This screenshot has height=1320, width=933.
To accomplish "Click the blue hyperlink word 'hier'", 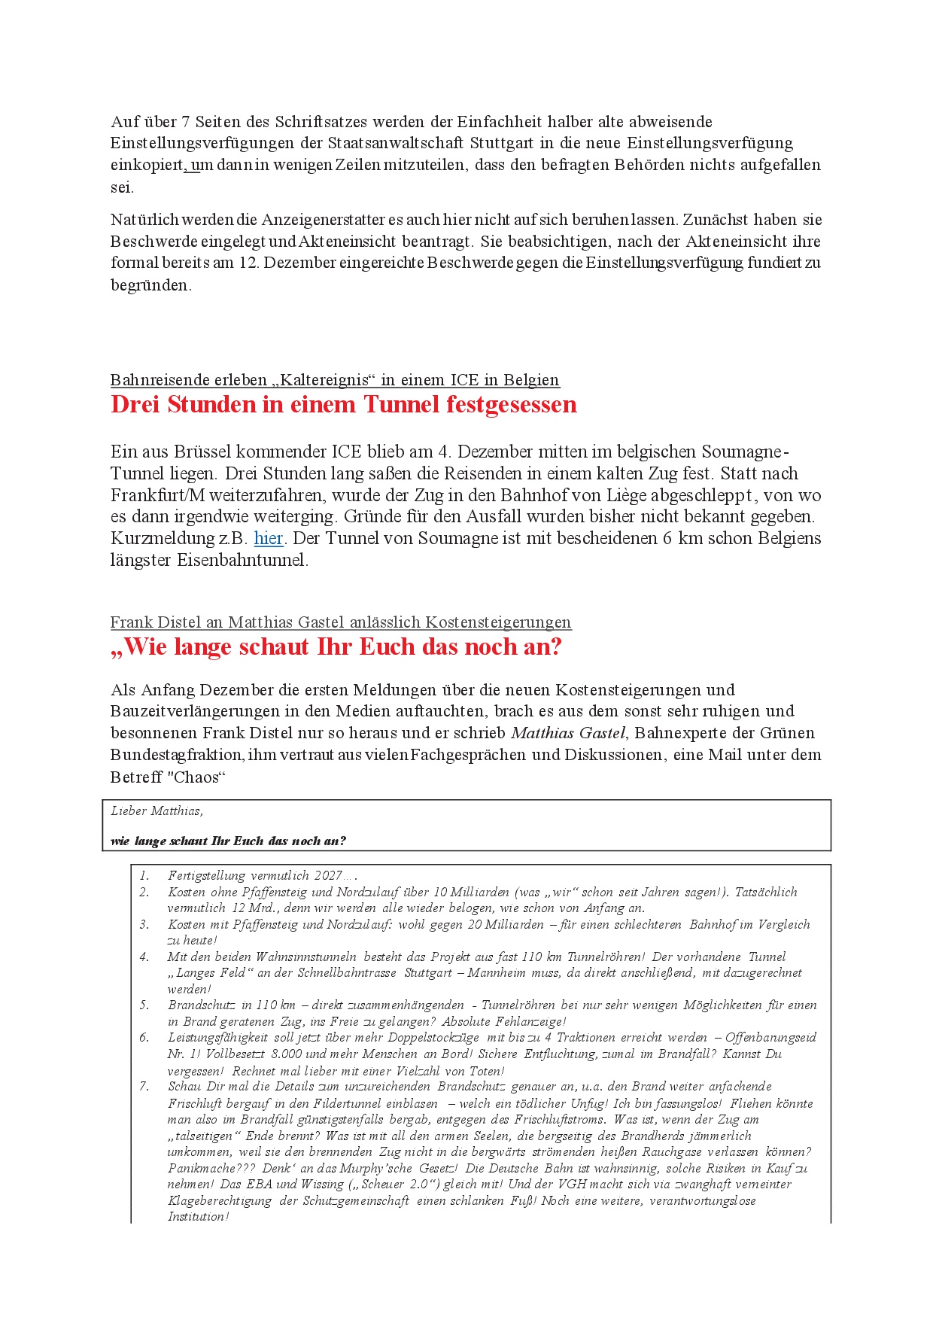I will click(268, 538).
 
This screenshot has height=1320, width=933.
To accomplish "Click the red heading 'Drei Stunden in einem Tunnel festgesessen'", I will click(343, 405).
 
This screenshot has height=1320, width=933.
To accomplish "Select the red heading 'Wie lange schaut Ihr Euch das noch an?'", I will click(336, 647).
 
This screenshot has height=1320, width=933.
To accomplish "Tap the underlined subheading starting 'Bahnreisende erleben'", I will click(335, 380).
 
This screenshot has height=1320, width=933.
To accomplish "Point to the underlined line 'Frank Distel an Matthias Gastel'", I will click(340, 622).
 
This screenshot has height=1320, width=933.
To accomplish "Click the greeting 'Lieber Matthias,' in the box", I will click(157, 811).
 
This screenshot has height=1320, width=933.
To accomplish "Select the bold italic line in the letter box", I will click(228, 841).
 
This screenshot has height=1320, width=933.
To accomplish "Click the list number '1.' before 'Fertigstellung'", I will click(144, 876).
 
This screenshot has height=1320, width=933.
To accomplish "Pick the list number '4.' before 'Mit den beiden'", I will click(144, 957).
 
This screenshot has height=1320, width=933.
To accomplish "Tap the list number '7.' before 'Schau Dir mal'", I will click(144, 1087).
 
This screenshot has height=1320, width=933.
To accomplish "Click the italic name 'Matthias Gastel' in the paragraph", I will click(568, 733).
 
